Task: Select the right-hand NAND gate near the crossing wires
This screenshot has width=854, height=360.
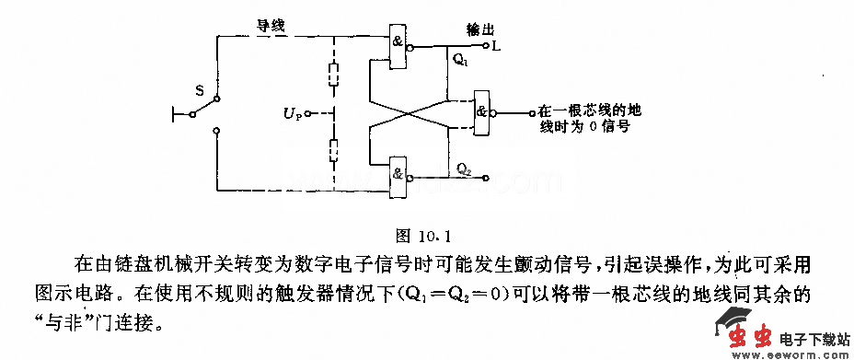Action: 481,113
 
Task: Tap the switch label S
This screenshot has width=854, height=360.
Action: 198,90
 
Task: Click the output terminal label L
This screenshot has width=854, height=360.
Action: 496,45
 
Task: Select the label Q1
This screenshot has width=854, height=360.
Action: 460,62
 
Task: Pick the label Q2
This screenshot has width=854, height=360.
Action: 465,169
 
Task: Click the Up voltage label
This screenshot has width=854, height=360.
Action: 292,114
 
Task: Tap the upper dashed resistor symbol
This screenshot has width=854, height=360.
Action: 333,74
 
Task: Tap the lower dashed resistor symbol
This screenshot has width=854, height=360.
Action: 333,149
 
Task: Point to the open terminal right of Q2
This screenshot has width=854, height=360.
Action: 488,178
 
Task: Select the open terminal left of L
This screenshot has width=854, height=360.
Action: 485,44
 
